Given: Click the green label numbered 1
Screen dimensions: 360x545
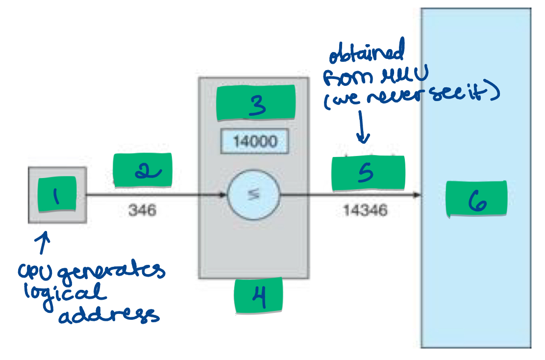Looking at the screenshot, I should [x=57, y=194].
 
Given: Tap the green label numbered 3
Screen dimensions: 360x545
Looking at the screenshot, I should [x=256, y=103].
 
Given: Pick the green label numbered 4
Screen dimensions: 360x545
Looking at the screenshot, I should [x=258, y=295].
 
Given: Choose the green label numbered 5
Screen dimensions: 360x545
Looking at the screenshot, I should [x=368, y=173].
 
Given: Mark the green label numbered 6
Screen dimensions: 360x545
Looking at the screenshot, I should [x=476, y=199].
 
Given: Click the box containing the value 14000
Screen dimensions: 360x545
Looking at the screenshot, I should [x=254, y=142].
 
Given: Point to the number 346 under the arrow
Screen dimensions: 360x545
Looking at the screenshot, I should [x=142, y=210].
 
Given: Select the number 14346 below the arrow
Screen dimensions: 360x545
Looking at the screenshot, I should [x=365, y=210].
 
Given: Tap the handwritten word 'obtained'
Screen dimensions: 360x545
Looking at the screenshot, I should [x=367, y=52].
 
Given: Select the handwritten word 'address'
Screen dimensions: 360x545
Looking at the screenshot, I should [x=109, y=314].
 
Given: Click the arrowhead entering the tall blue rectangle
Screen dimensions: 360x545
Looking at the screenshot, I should [x=417, y=195].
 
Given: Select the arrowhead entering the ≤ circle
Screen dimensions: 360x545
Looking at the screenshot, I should [x=223, y=195].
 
